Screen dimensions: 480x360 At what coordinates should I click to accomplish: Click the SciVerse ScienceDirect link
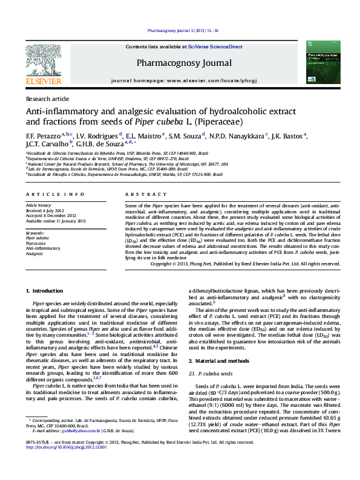215,47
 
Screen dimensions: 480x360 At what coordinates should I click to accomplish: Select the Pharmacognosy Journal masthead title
184,63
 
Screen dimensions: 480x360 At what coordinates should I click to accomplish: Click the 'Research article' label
47,98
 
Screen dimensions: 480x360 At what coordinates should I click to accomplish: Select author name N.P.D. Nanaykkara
239,135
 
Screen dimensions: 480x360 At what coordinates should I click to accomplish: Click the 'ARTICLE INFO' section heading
55,194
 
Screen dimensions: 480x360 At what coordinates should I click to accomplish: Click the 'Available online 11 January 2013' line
56,221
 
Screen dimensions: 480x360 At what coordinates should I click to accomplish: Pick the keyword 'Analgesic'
34,254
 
